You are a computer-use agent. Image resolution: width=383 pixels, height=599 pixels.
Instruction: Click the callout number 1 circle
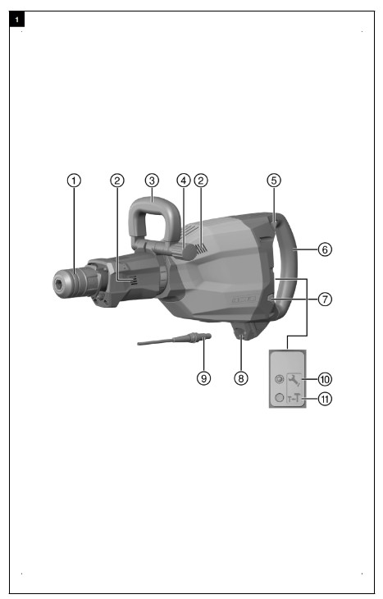[x=75, y=180]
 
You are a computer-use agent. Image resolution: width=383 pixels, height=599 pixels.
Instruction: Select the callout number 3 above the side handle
[x=152, y=180]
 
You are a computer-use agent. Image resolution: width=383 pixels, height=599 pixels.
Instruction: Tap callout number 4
[x=183, y=180]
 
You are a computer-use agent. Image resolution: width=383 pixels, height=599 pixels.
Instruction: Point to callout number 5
[x=274, y=180]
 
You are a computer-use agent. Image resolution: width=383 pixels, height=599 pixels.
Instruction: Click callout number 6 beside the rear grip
[x=325, y=247]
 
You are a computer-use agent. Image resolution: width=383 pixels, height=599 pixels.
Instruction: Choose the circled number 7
[x=325, y=299]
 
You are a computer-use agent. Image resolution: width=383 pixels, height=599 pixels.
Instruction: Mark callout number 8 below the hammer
[x=240, y=378]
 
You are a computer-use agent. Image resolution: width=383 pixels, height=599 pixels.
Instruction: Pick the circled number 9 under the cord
[x=204, y=378]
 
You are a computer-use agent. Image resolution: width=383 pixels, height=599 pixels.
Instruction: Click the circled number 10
[x=325, y=379]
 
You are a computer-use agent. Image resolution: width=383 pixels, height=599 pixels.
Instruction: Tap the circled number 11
[x=325, y=400]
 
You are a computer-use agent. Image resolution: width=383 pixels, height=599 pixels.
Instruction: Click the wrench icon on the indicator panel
[x=293, y=379]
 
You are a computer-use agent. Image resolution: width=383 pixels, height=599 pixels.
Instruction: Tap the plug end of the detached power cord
[x=199, y=336]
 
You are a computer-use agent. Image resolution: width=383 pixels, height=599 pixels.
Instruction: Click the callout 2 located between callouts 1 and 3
[x=118, y=180]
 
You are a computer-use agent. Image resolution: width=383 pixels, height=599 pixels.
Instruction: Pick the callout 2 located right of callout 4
[x=200, y=180]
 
